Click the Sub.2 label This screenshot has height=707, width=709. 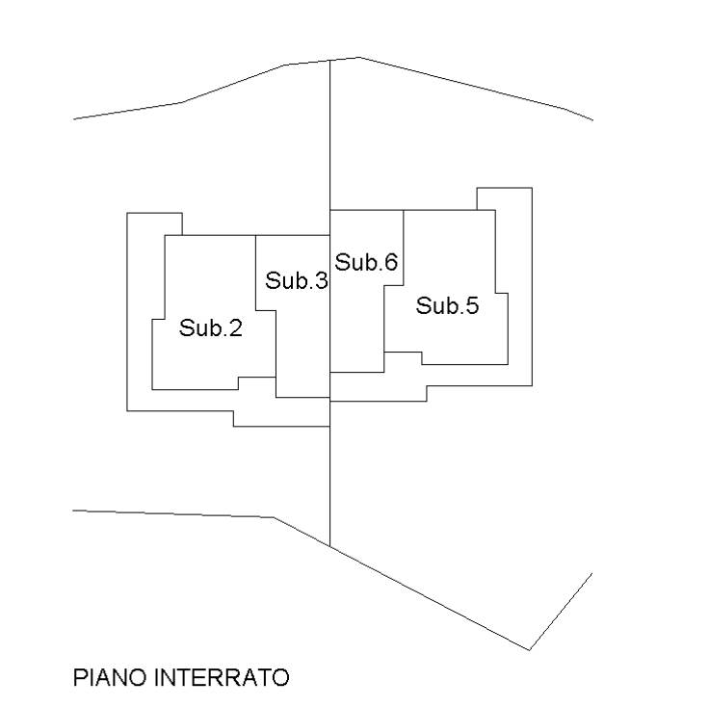click(211, 327)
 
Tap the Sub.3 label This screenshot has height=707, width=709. click(296, 280)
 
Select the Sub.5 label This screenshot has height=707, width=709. click(447, 305)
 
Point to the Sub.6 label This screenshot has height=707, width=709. click(366, 262)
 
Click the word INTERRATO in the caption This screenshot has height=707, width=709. click(223, 678)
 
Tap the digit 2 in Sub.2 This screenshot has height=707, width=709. click(236, 327)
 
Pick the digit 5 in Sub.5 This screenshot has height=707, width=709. click(472, 305)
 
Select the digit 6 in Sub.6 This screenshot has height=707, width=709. click(391, 262)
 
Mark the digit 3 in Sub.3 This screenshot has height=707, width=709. click(321, 280)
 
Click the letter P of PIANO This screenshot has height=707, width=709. click(80, 678)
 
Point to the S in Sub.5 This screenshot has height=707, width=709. click(423, 305)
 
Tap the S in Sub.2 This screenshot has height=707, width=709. click(186, 327)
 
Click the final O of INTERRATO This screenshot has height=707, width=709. click(280, 678)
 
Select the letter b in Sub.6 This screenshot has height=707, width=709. click(370, 262)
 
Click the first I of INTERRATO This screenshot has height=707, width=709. click(157, 678)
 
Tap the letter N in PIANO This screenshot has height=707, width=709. click(119, 678)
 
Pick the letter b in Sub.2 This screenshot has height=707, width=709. click(215, 327)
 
